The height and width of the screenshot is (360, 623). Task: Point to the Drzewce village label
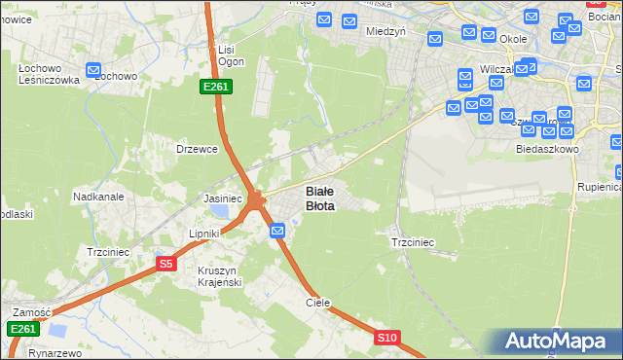coord(196,149)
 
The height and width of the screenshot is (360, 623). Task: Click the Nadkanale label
coord(98,197)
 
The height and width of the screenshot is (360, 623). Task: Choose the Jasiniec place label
coord(223,198)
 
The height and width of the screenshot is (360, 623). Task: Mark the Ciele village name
coord(318,303)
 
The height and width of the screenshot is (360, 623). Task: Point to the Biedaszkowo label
coord(547,150)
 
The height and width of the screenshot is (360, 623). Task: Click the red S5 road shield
coord(166,264)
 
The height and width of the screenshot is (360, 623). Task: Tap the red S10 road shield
coord(386,338)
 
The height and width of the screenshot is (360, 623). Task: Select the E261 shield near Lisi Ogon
coord(215,87)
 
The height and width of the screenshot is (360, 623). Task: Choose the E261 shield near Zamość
coord(23,329)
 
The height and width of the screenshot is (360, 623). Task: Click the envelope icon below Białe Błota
coord(277,231)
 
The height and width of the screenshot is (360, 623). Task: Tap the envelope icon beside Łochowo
coord(93,70)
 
